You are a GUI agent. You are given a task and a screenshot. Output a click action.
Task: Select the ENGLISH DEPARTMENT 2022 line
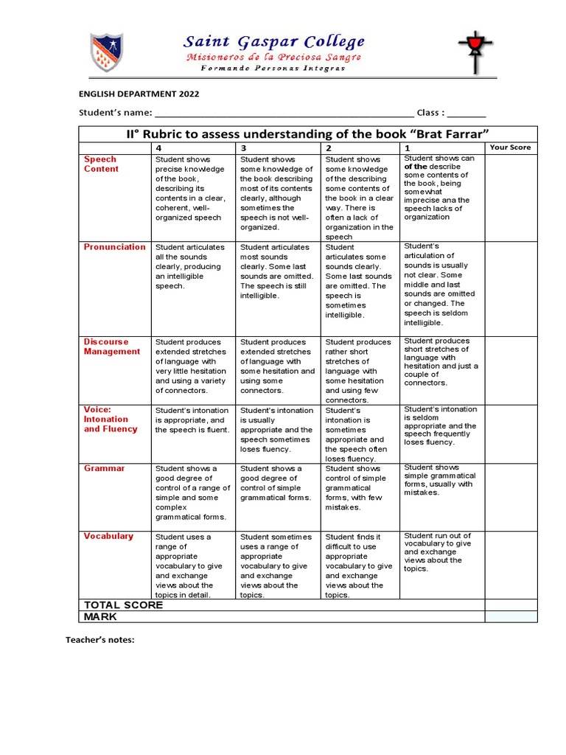pyautogui.click(x=139, y=94)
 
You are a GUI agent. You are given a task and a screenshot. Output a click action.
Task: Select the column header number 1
pyautogui.click(x=407, y=147)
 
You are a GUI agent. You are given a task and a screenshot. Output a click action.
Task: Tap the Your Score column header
pyautogui.click(x=510, y=147)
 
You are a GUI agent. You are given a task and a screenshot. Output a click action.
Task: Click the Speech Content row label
pyautogui.click(x=101, y=164)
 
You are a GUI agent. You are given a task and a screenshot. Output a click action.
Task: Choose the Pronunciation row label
pyautogui.click(x=114, y=247)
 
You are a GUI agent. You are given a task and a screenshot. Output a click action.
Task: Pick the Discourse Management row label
pyautogui.click(x=111, y=347)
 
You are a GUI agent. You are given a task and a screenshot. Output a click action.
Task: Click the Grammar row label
pyautogui.click(x=104, y=468)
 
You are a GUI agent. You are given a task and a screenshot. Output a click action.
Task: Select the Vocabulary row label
pyautogui.click(x=108, y=536)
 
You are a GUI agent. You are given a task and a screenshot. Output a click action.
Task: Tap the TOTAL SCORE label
pyautogui.click(x=123, y=605)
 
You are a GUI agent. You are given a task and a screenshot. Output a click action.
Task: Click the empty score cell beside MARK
pyautogui.click(x=511, y=616)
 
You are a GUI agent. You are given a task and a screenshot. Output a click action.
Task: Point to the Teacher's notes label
pyautogui.click(x=100, y=640)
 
